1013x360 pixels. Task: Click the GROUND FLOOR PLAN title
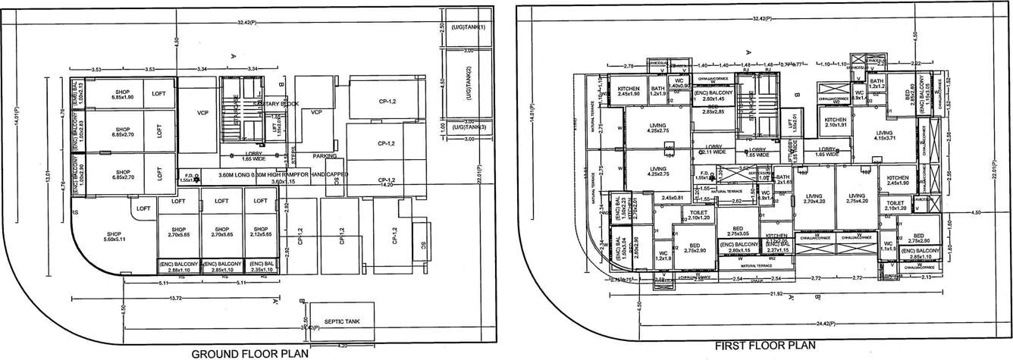pyautogui.click(x=249, y=353)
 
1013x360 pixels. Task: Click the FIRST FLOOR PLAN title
pyautogui.click(x=765, y=346)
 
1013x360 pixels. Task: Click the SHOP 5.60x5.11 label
pyautogui.click(x=114, y=236)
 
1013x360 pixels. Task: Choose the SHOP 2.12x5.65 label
pyautogui.click(x=260, y=232)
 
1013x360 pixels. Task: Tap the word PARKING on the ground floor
pyautogui.click(x=325, y=156)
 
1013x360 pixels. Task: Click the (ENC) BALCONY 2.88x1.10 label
pyautogui.click(x=178, y=266)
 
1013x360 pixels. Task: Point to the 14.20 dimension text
pyautogui.click(x=390, y=184)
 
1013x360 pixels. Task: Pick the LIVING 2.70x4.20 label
pyautogui.click(x=813, y=199)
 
